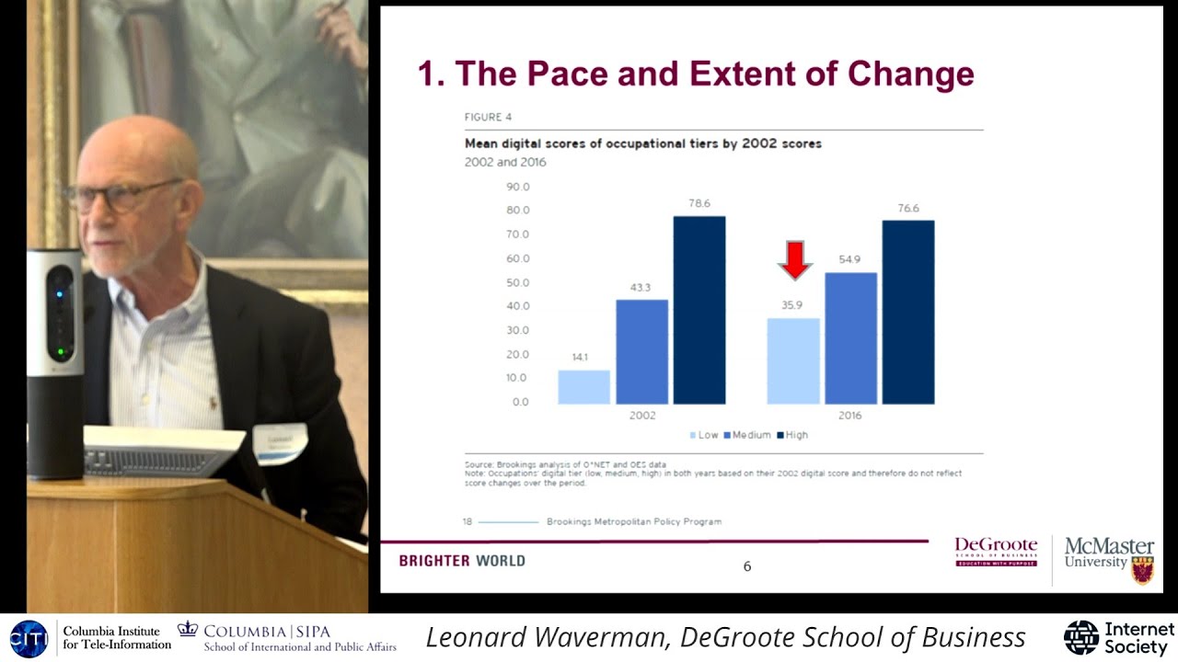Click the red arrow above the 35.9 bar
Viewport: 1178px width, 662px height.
794,259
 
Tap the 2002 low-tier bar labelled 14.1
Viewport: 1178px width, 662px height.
583,387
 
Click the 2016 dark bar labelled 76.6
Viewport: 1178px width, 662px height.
908,312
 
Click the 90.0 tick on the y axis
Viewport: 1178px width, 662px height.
518,187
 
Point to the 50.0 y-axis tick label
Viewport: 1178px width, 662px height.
518,282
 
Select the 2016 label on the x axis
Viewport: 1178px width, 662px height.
849,416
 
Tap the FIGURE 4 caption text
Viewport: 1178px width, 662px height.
488,118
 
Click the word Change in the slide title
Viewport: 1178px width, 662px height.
910,74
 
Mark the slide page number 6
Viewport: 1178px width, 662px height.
747,566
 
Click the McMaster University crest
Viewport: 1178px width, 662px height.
1142,569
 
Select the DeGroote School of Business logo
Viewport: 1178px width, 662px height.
996,552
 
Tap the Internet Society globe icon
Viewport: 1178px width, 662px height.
1081,637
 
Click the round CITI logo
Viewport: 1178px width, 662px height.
29,638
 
